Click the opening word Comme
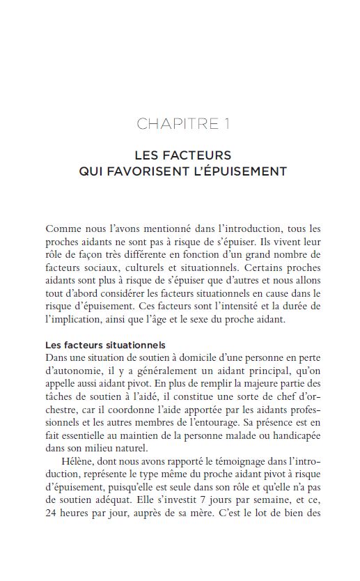point(61,229)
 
